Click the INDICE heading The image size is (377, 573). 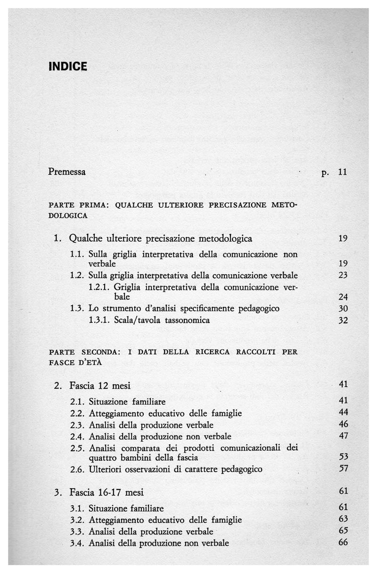coord(68,66)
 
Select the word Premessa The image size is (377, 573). coord(67,172)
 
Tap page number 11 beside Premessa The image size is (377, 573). coord(343,172)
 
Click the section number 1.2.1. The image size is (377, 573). coord(99,287)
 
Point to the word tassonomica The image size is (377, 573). coord(185,320)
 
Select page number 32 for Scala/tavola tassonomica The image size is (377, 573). coord(343,320)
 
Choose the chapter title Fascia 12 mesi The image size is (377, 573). coord(99,386)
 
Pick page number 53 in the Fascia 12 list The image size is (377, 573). coord(343,457)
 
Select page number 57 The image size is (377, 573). coord(343,469)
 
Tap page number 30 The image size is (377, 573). coord(343,309)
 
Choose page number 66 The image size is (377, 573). coord(343,543)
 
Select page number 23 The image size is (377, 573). coord(343,275)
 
